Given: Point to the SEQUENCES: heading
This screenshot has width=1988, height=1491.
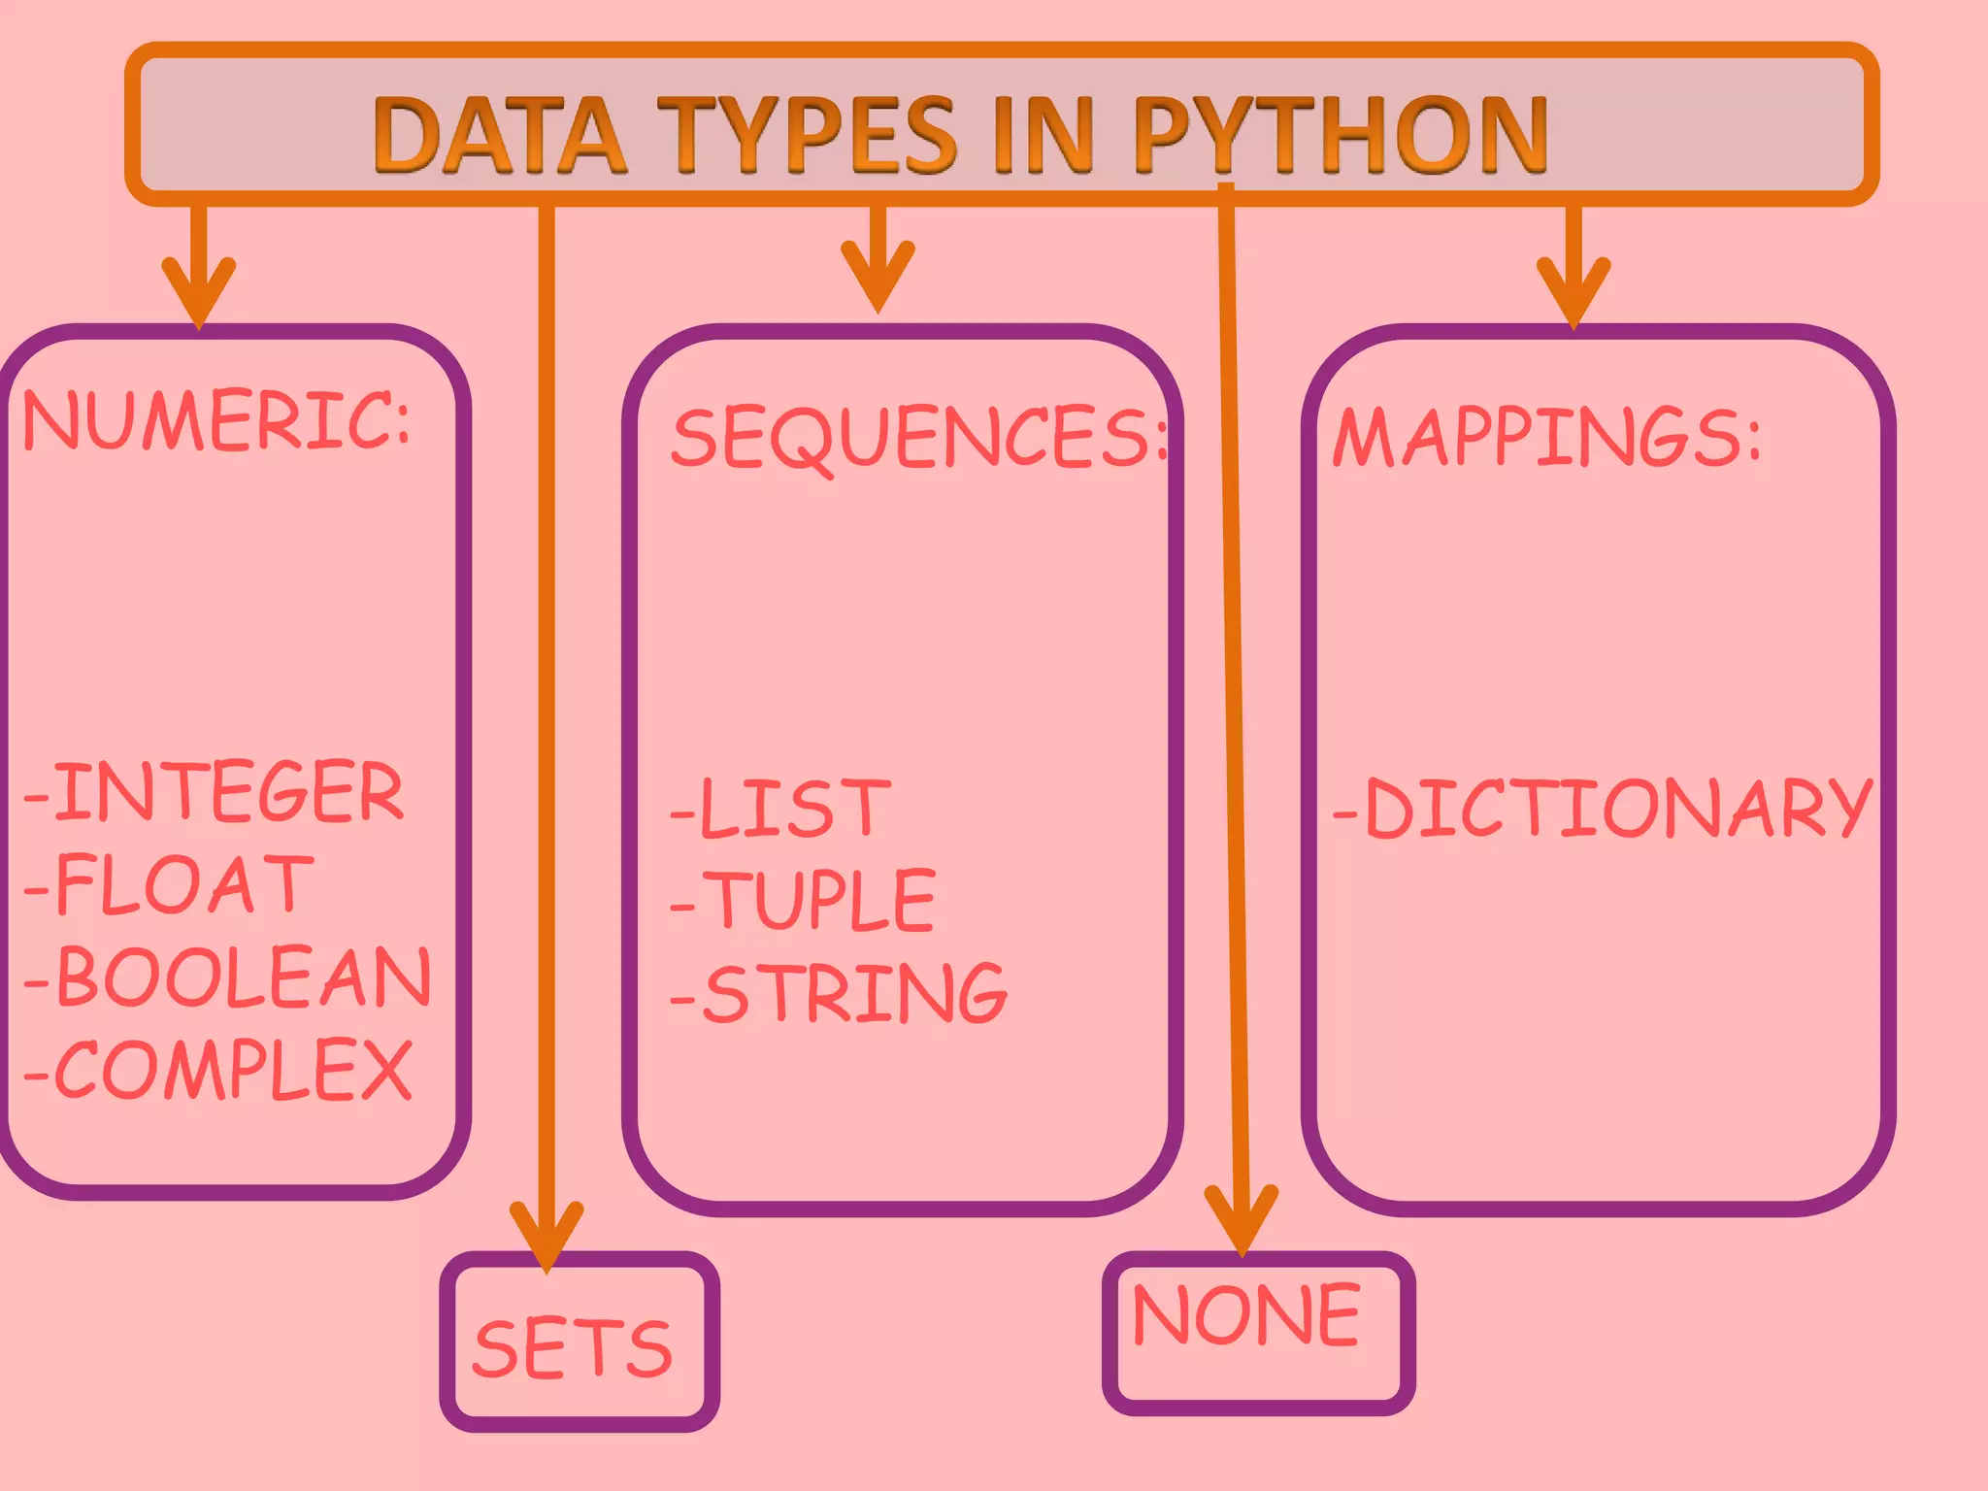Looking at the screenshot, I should (918, 438).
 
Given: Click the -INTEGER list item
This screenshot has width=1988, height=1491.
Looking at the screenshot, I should (214, 792).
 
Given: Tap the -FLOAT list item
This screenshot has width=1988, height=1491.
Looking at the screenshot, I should (170, 884).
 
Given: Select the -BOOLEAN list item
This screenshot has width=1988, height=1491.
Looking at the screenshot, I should (228, 977).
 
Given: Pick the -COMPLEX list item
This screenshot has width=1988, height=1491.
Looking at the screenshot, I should (219, 1070).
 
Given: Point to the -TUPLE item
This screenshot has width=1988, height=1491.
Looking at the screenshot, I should (804, 901).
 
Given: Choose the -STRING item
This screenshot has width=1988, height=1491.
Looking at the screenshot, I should (840, 994).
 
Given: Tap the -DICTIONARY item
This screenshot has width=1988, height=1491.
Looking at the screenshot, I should (1602, 808).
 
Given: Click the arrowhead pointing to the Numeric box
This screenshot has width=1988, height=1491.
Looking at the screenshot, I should (199, 291).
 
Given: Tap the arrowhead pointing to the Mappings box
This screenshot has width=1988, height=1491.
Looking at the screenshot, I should (1574, 291).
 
